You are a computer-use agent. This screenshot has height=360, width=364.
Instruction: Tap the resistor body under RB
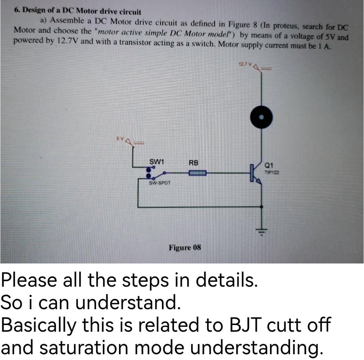pos(197,173)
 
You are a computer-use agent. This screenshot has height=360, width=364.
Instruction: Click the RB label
pos(194,163)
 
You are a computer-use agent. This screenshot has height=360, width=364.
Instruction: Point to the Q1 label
pos(268,166)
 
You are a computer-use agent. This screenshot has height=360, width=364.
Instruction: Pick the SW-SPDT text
pos(160,183)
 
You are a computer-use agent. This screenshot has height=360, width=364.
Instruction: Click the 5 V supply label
pos(120,138)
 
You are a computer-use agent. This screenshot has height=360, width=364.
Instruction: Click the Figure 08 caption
pos(185,248)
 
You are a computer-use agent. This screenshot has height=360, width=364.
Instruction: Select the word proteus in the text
pos(287,26)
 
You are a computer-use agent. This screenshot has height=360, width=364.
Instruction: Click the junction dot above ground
pos(262,207)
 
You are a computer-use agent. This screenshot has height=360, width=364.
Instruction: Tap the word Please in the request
pos(26,280)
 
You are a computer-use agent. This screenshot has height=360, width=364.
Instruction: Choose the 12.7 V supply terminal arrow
pos(257,67)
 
